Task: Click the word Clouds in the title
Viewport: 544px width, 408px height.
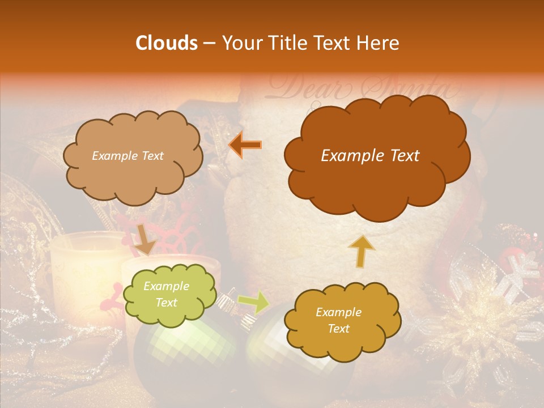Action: click(167, 43)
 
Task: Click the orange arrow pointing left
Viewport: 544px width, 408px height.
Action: click(245, 145)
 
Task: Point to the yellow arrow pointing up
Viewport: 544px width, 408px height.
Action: click(361, 251)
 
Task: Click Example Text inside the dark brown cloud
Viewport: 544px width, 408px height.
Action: click(370, 156)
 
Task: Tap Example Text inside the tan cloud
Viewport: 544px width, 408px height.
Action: click(127, 156)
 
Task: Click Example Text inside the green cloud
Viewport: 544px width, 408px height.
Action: click(166, 295)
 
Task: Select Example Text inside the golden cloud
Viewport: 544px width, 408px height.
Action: click(338, 320)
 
